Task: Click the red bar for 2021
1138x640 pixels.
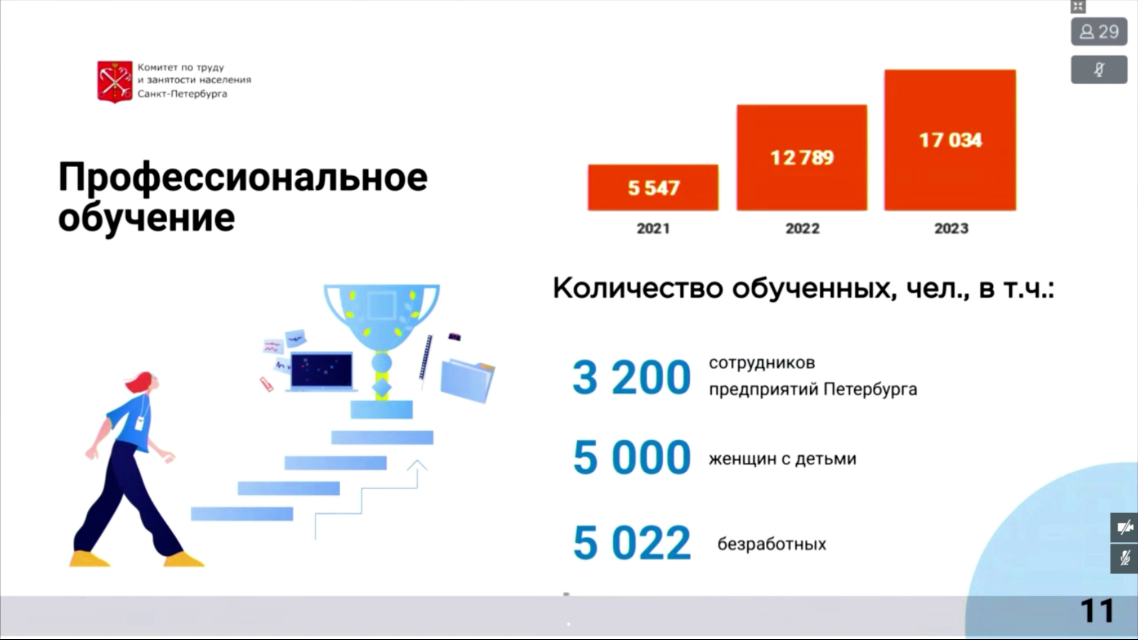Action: (x=653, y=187)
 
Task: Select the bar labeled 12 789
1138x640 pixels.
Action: (x=802, y=158)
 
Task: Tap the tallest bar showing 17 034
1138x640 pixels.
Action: (x=950, y=140)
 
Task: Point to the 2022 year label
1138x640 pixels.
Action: (x=803, y=229)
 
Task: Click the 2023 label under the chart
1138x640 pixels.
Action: (x=951, y=229)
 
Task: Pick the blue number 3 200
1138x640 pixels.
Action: (x=632, y=377)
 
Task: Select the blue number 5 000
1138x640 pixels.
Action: (x=632, y=457)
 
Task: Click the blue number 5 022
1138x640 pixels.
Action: (x=632, y=543)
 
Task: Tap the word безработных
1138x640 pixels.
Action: (x=772, y=544)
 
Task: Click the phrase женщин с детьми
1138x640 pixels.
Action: (x=782, y=459)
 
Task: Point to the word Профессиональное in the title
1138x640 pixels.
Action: (x=243, y=178)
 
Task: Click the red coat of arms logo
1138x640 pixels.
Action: (x=115, y=82)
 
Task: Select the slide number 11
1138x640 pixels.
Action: (x=1097, y=611)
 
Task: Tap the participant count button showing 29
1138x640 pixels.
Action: (x=1099, y=31)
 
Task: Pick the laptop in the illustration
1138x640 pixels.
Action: (x=322, y=372)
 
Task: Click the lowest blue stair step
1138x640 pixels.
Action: (x=242, y=514)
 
